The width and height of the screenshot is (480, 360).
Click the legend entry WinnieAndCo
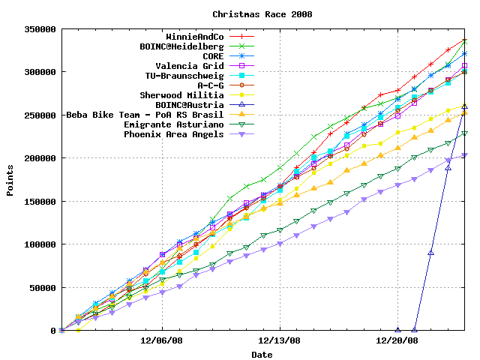point(194,37)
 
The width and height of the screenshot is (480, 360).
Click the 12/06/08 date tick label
point(163,340)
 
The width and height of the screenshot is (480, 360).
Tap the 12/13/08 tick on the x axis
point(280,340)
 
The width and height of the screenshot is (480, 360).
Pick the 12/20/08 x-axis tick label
point(397,340)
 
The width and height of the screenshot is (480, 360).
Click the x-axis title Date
point(262,354)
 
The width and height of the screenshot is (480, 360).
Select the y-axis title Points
point(10,180)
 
